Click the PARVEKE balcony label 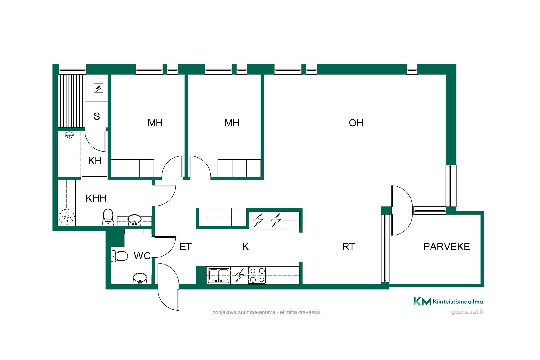446,247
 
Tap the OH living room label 356,123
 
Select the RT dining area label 348,247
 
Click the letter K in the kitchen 245,247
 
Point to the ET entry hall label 186,247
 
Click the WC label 142,256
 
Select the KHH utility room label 96,198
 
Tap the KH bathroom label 95,161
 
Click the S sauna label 97,116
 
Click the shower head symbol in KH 69,135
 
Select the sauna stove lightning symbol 98,88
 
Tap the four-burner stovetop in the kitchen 257,275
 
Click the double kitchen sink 219,275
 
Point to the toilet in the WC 120,256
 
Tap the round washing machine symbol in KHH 67,217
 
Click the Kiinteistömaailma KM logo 448,301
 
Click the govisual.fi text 467,312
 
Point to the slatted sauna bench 71,101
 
